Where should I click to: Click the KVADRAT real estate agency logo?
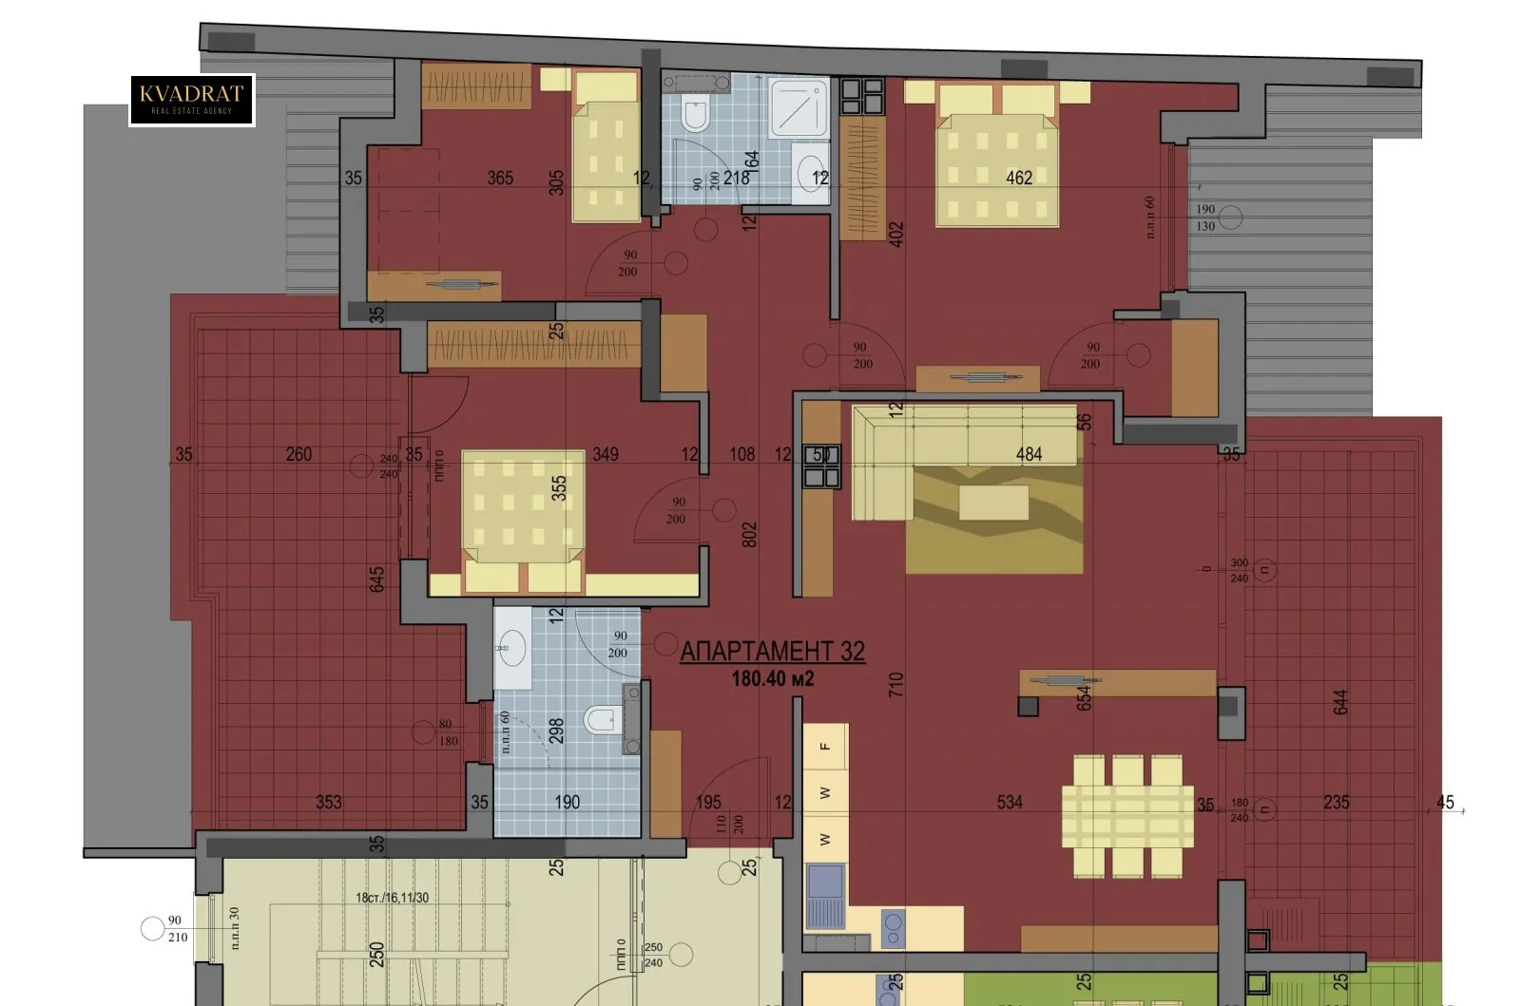click(x=192, y=100)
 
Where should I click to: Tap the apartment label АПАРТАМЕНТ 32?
click(x=772, y=651)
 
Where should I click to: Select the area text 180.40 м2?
click(x=772, y=678)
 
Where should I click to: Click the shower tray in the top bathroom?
click(x=799, y=107)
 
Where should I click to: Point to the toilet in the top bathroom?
click(x=695, y=114)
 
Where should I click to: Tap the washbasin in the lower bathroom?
click(x=512, y=650)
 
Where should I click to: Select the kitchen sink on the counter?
click(x=824, y=895)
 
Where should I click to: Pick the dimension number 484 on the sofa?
click(x=1029, y=454)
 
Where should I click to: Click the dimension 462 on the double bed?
click(x=1018, y=177)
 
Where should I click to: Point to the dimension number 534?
click(x=1010, y=802)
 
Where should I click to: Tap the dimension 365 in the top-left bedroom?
click(x=500, y=178)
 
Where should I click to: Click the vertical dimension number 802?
click(x=749, y=534)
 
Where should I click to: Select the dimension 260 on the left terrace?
click(x=298, y=454)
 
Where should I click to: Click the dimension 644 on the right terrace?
click(x=1340, y=702)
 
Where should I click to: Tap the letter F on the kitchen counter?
click(x=825, y=747)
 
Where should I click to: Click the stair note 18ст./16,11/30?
click(x=392, y=897)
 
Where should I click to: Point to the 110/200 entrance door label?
click(x=729, y=824)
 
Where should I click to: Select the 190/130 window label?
click(x=1205, y=218)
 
